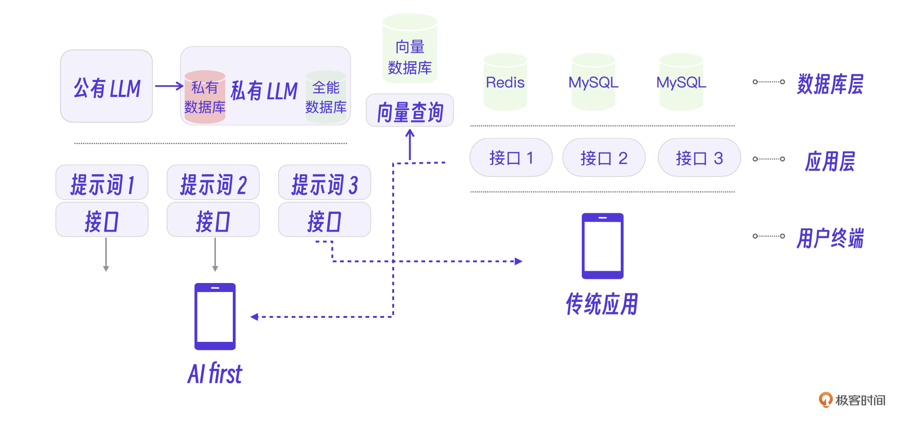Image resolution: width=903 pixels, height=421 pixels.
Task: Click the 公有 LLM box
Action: [x=106, y=87]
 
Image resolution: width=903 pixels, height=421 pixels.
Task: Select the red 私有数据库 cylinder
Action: [x=205, y=97]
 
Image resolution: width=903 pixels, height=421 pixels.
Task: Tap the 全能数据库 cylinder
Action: [x=326, y=97]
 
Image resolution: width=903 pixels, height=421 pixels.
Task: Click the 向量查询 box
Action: [x=410, y=111]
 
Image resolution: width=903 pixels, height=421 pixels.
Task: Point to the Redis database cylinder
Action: [x=505, y=83]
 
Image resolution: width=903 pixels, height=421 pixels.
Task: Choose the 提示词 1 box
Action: [x=102, y=183]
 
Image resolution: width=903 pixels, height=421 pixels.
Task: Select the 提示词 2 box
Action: [x=213, y=183]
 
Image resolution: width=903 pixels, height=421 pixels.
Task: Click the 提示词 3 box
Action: [x=325, y=183]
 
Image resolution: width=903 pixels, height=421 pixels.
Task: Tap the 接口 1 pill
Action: [x=511, y=158]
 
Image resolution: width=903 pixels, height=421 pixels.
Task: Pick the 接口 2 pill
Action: [x=604, y=158]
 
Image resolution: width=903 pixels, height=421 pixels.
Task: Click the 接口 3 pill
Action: [x=699, y=158]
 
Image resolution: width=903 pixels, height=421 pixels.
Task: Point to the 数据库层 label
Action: [x=830, y=84]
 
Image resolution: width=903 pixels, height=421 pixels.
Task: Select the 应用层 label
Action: [x=830, y=161]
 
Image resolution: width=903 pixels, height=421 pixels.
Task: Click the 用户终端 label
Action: [x=830, y=238]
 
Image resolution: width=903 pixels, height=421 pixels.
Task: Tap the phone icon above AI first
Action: [x=215, y=316]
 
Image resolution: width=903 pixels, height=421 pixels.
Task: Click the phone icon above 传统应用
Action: [x=602, y=246]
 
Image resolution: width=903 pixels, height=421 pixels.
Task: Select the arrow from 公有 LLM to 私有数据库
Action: [x=168, y=86]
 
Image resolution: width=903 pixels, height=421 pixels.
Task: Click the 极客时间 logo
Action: [x=852, y=400]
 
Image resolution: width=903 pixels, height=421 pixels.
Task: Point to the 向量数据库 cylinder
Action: [x=410, y=49]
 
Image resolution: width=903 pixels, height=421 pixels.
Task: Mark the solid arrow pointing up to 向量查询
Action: [x=410, y=144]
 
